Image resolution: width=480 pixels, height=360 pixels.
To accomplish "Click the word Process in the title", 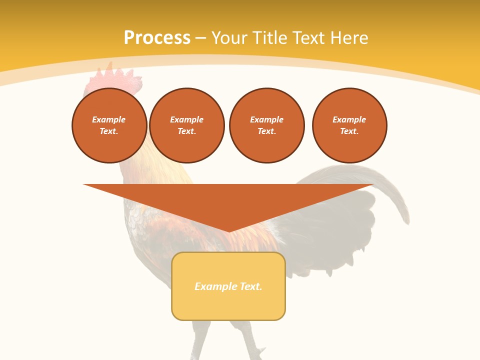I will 157,38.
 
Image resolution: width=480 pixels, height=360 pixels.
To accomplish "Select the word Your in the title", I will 229,38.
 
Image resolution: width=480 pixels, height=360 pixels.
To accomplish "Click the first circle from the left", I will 109,125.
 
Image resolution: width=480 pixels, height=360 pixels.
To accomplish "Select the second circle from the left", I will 187,125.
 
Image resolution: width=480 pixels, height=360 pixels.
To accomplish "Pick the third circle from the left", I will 267,125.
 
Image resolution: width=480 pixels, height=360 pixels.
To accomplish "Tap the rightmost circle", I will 349,125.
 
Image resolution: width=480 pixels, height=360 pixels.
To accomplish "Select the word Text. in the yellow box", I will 251,286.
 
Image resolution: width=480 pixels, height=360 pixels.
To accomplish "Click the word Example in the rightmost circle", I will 349,119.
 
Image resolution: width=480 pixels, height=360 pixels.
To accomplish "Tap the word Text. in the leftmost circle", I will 109,131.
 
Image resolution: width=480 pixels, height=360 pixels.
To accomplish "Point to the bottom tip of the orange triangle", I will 229,231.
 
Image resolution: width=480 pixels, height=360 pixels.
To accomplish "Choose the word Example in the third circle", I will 267,119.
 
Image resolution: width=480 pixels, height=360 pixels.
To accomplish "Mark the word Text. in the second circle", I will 187,131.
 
